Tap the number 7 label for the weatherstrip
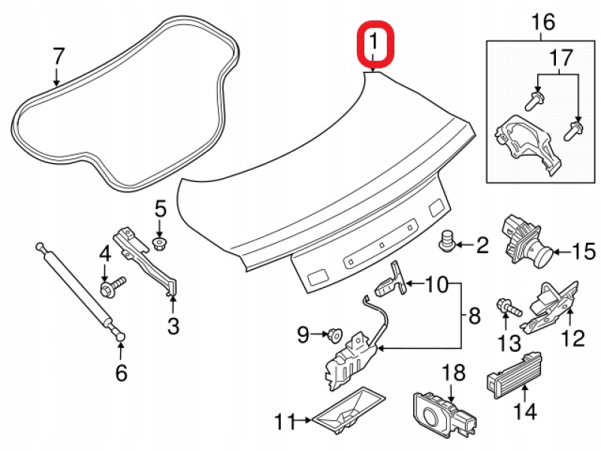tap(58, 56)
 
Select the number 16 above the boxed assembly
tap(543, 22)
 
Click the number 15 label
tap(584, 250)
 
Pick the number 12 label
tap(572, 339)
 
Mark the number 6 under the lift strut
tap(121, 371)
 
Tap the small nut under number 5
tap(159, 242)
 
